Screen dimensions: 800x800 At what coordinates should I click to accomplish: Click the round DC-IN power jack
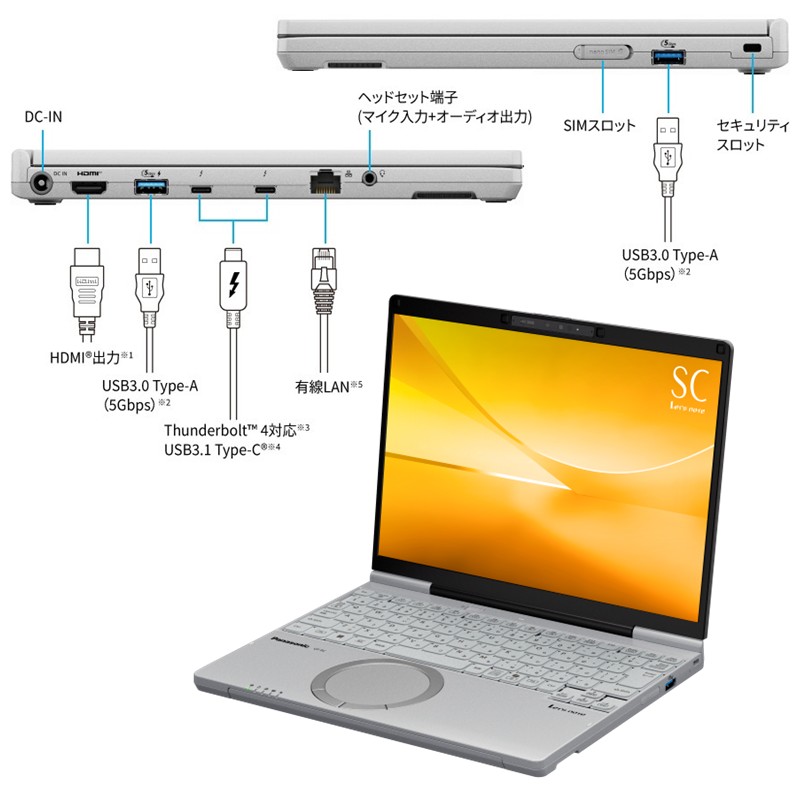pyautogui.click(x=41, y=186)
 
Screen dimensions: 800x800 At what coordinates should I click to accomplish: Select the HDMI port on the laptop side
pyautogui.click(x=91, y=187)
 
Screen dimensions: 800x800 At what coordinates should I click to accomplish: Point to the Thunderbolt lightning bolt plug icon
pyautogui.click(x=233, y=286)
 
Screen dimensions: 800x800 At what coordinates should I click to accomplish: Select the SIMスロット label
pyautogui.click(x=600, y=126)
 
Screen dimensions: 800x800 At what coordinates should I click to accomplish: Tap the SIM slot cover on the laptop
pyautogui.click(x=600, y=50)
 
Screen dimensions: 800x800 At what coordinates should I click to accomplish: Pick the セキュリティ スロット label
pyautogui.click(x=742, y=135)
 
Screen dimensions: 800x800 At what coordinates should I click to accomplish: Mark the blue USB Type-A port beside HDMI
pyautogui.click(x=151, y=187)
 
